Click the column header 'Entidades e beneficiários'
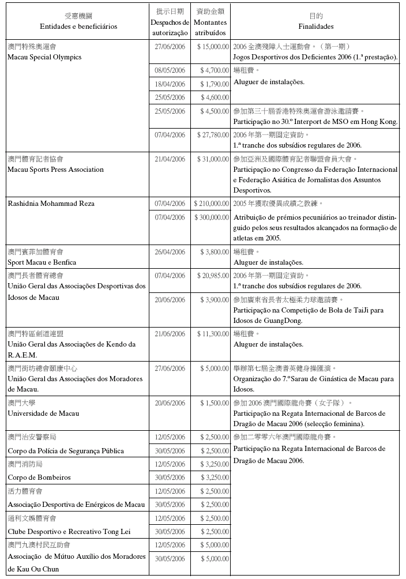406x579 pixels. pyautogui.click(x=78, y=27)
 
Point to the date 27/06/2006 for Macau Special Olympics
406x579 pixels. pyautogui.click(x=170, y=46)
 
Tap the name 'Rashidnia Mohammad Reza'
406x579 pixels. pyautogui.click(x=51, y=204)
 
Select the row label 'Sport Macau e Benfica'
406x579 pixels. pyautogui.click(x=40, y=262)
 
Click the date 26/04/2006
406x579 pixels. pyautogui.click(x=170, y=252)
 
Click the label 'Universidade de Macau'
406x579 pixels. pyautogui.click(x=43, y=413)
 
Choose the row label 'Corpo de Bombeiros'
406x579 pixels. pyautogui.click(x=39, y=478)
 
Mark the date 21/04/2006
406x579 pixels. pyautogui.click(x=170, y=159)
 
